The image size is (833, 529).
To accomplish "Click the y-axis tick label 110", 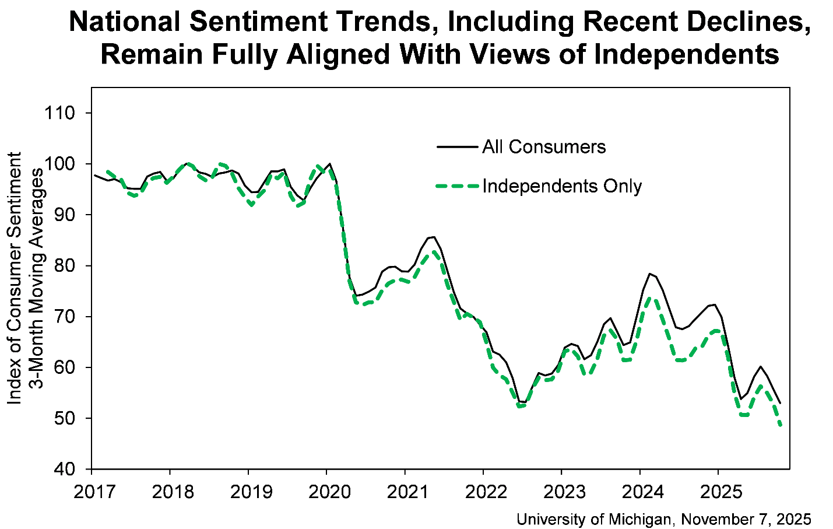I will [60, 113].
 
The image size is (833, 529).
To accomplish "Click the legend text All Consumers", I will [544, 147].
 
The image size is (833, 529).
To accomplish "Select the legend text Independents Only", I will [562, 186].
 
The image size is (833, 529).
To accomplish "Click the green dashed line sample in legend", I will [458, 186].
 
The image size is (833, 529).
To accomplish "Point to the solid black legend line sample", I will [458, 147].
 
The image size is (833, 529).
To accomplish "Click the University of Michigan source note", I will [663, 519].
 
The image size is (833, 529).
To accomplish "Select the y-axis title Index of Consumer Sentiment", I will [15, 278].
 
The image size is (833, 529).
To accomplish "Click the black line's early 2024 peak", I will [649, 273].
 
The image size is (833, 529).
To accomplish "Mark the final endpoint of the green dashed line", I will [780, 426].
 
